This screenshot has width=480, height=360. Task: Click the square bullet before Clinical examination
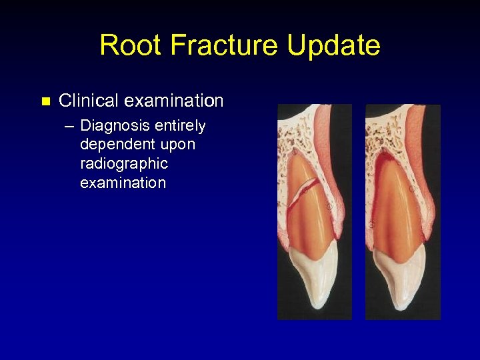click(x=45, y=102)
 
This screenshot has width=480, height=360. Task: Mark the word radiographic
click(x=123, y=164)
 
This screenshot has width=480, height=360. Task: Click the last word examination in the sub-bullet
click(x=123, y=183)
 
